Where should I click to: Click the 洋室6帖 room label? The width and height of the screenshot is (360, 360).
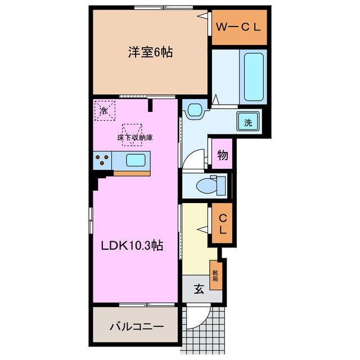coord(149,52)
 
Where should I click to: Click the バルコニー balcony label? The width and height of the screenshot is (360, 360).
coord(137,326)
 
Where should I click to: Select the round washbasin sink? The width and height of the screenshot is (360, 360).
coord(195,109)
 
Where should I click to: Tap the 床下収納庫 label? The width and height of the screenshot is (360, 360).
coord(135,137)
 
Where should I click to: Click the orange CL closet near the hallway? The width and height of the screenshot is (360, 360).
coord(222,224)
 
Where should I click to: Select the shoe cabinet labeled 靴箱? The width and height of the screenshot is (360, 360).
coord(215,275)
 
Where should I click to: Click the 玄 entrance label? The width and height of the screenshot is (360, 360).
coord(199,290)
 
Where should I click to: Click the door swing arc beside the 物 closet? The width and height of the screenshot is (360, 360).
coord(191,159)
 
